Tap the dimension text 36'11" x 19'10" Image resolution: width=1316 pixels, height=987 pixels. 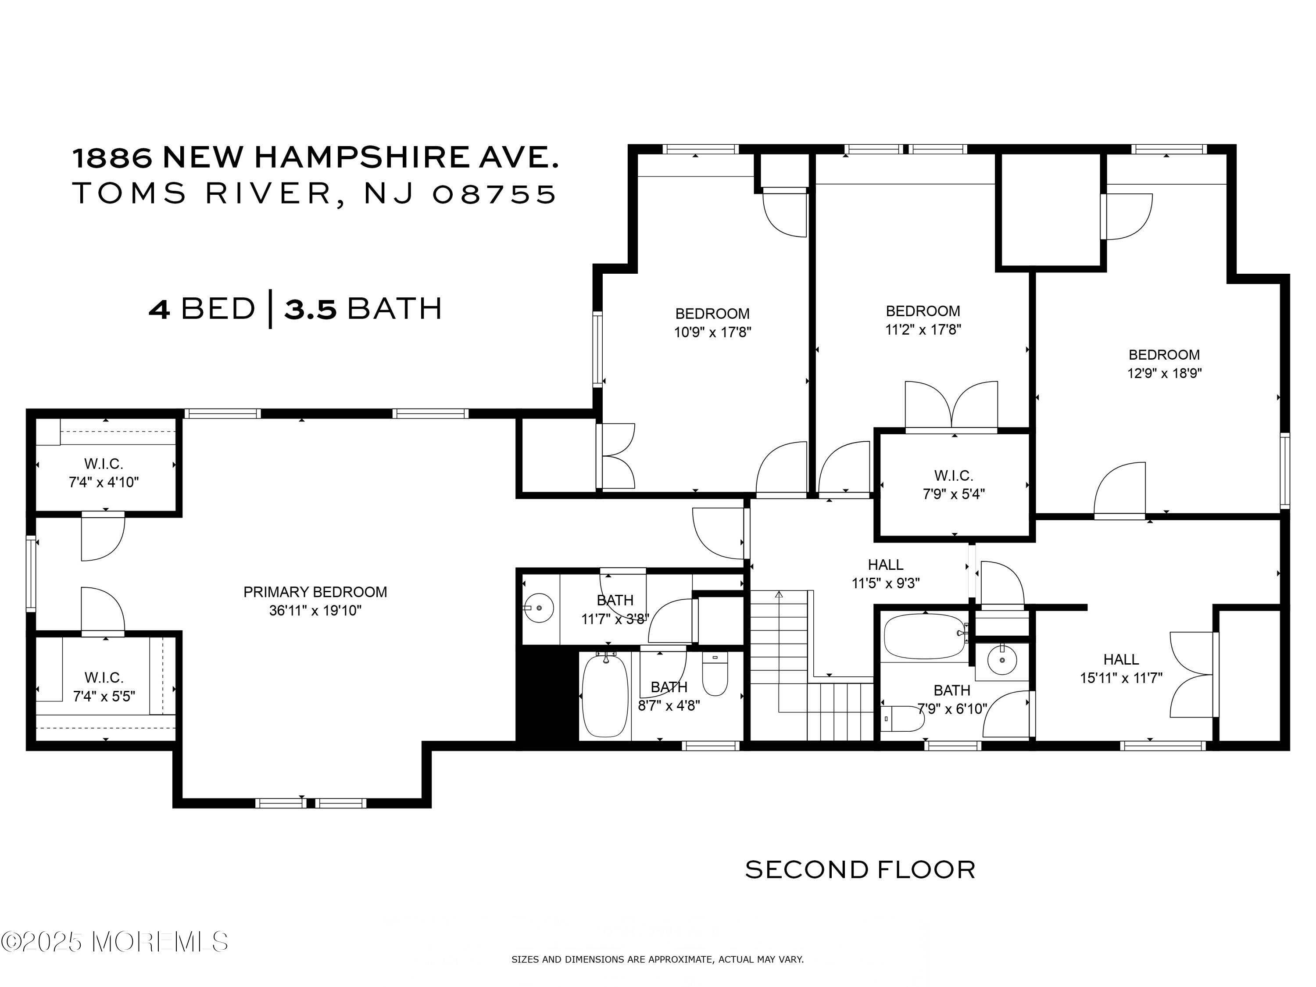pos(315,611)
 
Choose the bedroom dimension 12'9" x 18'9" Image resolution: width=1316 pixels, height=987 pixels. pos(1164,373)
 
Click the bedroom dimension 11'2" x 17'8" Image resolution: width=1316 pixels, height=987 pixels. pos(923,329)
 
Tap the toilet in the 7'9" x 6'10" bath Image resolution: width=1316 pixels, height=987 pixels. pos(902,719)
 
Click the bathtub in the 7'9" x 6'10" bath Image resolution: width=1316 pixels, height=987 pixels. pos(925,636)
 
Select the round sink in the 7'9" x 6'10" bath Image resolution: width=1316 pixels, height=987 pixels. pos(1002,660)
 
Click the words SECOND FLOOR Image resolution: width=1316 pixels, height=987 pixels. pos(860,870)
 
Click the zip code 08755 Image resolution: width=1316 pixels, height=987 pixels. pos(495,194)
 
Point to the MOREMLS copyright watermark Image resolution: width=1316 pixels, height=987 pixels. pos(114,941)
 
